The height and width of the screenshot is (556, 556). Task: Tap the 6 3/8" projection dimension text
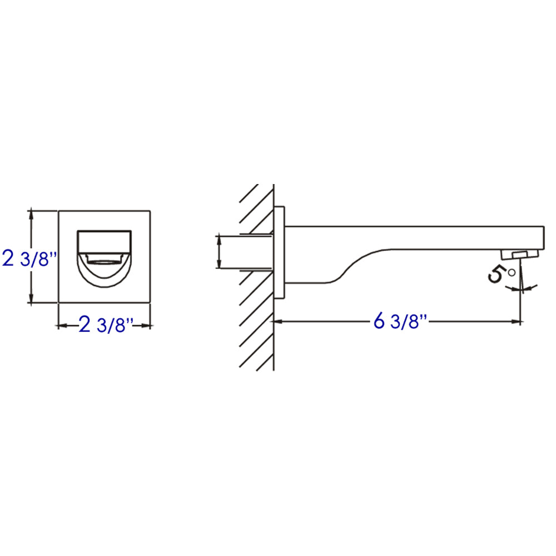click(x=400, y=321)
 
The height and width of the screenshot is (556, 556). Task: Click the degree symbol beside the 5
click(x=512, y=272)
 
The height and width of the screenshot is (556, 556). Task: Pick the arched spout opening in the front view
click(x=104, y=267)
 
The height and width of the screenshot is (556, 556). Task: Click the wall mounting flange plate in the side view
click(x=279, y=253)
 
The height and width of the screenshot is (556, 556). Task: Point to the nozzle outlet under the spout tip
click(x=520, y=254)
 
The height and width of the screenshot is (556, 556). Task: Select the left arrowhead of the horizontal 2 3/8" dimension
click(x=62, y=326)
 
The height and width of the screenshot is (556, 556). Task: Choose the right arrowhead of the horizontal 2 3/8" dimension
click(x=148, y=326)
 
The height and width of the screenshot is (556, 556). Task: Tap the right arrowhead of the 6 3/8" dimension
click(x=517, y=321)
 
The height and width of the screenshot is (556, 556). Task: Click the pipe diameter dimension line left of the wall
click(x=220, y=252)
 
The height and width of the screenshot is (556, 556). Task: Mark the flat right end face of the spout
click(x=542, y=238)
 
